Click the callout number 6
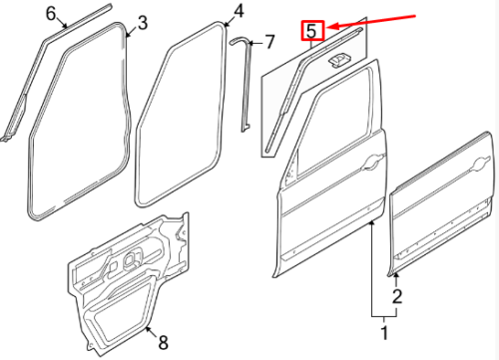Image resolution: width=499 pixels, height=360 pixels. (51, 14)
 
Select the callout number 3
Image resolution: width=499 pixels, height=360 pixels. (142, 23)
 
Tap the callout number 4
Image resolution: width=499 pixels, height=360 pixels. (239, 11)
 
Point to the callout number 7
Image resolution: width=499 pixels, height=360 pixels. (268, 42)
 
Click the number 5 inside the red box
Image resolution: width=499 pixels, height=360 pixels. (311, 31)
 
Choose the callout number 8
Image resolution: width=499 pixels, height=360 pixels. (163, 342)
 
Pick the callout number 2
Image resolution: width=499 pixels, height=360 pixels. (397, 296)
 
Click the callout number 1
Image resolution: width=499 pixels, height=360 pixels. (384, 332)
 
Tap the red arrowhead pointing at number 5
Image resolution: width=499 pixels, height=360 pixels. (331, 26)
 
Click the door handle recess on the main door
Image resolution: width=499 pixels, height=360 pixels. (374, 162)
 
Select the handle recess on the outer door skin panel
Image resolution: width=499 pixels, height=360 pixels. (480, 165)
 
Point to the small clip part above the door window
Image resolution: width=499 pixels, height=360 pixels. (337, 60)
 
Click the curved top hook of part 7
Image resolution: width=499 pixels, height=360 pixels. (238, 40)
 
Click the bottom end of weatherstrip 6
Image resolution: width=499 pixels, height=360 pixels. (5, 139)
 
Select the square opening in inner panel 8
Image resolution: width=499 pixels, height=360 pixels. (131, 260)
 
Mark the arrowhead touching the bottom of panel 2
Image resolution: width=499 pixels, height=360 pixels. (396, 276)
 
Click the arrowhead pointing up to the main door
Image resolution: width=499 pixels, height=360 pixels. (371, 223)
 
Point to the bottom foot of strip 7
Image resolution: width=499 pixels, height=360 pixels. (246, 128)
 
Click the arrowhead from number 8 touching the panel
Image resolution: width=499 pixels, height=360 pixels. (149, 329)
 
